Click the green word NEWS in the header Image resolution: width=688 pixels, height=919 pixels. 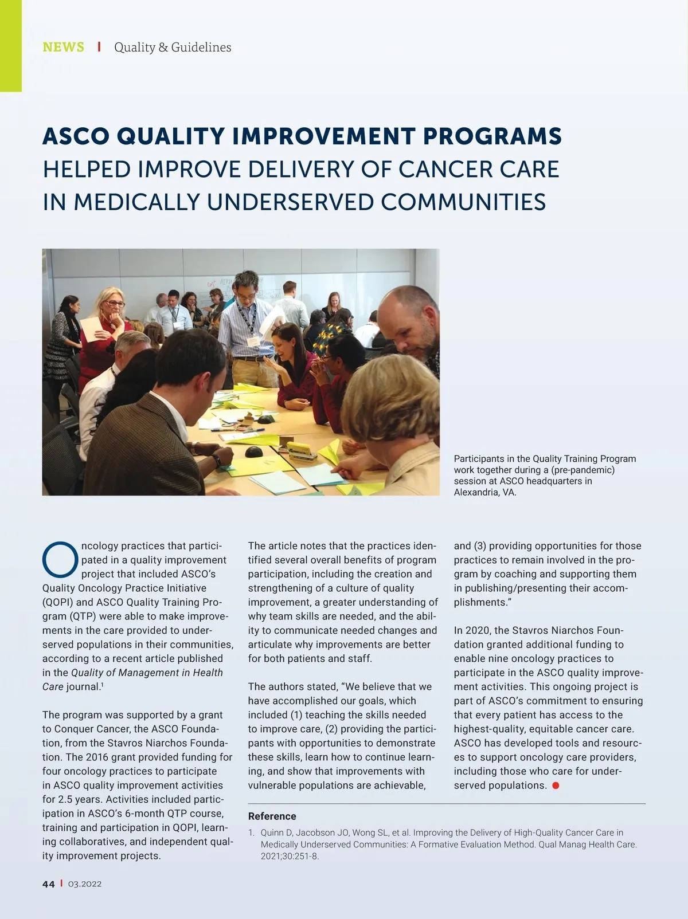(63, 47)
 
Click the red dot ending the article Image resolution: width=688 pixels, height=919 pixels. (555, 786)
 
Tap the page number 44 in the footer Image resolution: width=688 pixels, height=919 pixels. (49, 884)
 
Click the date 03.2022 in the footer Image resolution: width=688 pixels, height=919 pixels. (85, 884)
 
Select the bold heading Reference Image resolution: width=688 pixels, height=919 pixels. (272, 816)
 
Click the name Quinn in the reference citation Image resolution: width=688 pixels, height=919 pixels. (273, 832)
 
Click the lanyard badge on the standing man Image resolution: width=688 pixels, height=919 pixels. (253, 341)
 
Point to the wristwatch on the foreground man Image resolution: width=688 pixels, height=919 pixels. (217, 460)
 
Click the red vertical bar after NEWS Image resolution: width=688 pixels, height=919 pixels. (99, 47)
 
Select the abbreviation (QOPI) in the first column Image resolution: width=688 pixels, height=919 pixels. (57, 602)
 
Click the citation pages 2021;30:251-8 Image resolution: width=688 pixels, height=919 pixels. (290, 857)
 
